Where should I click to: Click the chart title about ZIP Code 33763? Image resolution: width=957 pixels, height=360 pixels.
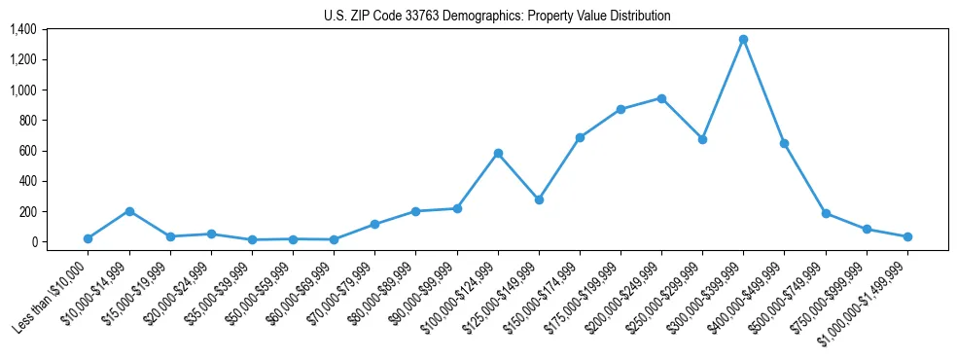pyautogui.click(x=497, y=17)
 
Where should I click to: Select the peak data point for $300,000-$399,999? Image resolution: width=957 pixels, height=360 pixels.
pyautogui.click(x=743, y=40)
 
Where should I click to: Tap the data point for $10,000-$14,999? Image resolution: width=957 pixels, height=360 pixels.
pyautogui.click(x=129, y=211)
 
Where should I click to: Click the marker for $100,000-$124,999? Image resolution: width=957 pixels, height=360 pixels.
pyautogui.click(x=498, y=154)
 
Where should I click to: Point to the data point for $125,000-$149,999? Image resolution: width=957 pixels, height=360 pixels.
pyautogui.click(x=539, y=199)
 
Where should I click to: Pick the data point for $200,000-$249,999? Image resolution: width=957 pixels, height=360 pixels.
pyautogui.click(x=661, y=98)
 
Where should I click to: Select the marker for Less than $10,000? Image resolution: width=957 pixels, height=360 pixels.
pyautogui.click(x=89, y=238)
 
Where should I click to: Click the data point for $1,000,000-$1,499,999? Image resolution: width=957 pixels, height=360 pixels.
pyautogui.click(x=907, y=236)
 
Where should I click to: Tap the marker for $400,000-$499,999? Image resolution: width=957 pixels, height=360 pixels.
pyautogui.click(x=784, y=143)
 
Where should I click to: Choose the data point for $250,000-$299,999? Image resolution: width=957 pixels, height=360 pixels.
pyautogui.click(x=702, y=139)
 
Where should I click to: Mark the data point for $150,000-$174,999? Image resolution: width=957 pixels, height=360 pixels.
pyautogui.click(x=580, y=137)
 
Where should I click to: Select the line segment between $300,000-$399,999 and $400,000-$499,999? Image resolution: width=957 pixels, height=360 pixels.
pyautogui.click(x=763, y=91)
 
